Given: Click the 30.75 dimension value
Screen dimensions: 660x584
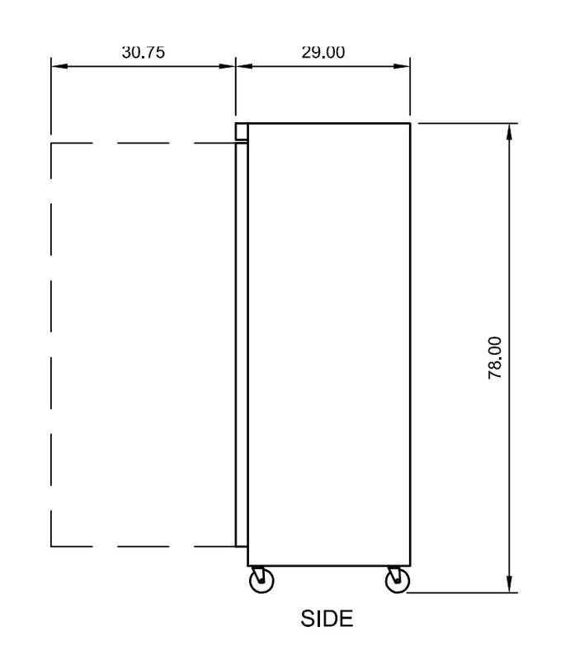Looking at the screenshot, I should [144, 52].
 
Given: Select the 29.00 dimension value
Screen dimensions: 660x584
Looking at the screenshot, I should [323, 52].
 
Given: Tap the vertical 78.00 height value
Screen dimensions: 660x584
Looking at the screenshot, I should [495, 357].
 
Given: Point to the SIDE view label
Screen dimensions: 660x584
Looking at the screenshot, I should [327, 618].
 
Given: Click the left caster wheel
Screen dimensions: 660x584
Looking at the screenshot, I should [261, 582].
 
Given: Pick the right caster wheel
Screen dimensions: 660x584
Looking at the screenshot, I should [397, 582].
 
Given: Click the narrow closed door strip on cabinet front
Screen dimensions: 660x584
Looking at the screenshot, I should [242, 342].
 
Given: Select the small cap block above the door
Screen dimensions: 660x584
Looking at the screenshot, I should [242, 131].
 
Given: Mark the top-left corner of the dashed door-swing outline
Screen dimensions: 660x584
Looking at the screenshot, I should [52, 144].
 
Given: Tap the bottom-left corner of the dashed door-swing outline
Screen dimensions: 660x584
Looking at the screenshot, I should [52, 546].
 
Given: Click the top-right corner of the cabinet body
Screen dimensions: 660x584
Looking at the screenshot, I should [410, 124].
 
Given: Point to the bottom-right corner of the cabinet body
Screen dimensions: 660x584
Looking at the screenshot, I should [410, 566].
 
